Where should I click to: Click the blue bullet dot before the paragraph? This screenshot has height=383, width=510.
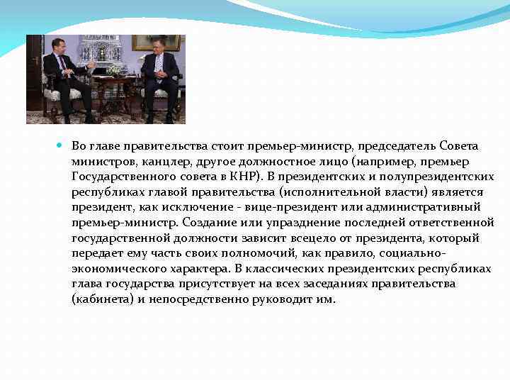[x=59, y=145]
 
